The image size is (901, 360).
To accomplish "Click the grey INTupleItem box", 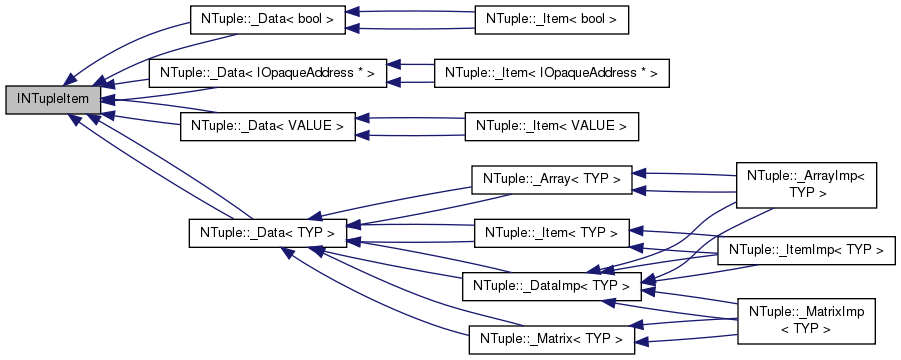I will [x=53, y=98].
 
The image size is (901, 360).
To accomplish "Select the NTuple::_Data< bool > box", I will [x=268, y=19].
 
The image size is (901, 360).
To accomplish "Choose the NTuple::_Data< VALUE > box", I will [x=268, y=126].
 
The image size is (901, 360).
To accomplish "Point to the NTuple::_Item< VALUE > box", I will [x=552, y=126].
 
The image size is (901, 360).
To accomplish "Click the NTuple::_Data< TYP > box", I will [x=268, y=233].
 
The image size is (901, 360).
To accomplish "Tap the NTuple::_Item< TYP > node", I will [x=552, y=233].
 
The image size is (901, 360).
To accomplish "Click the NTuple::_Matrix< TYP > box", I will [x=552, y=340].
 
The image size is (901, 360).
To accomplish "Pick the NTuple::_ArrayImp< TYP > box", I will [x=806, y=183].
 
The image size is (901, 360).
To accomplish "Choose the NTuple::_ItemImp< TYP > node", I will [x=807, y=247].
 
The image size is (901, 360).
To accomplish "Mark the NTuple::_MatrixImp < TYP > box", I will [x=806, y=321].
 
